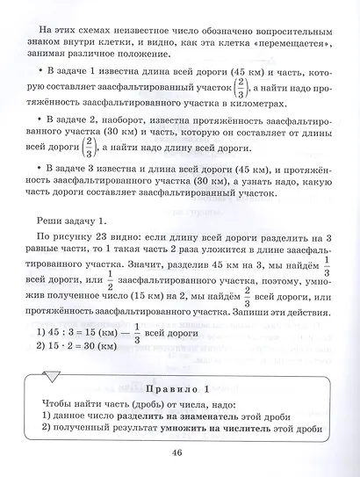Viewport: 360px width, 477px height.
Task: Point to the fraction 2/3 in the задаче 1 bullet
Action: [237, 89]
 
